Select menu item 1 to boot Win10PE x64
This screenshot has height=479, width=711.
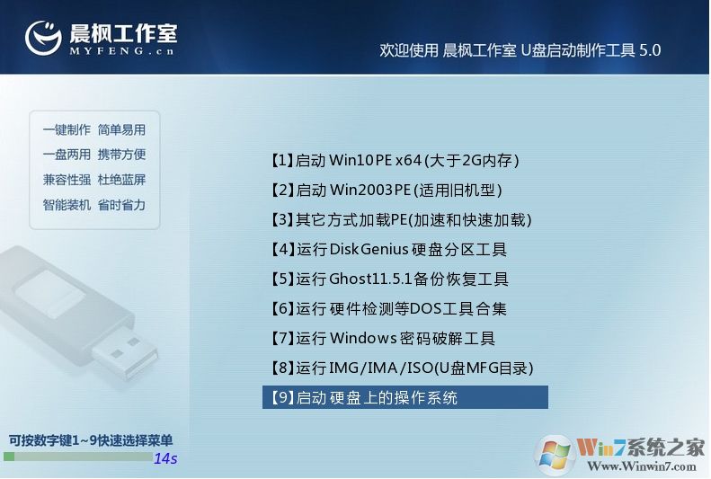coord(394,161)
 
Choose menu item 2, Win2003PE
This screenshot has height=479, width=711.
coord(385,191)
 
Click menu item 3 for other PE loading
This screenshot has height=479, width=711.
coord(401,220)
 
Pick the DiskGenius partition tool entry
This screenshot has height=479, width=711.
coord(388,250)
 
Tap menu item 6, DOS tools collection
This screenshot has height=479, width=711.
coord(388,309)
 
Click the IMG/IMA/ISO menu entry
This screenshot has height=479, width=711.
coord(401,368)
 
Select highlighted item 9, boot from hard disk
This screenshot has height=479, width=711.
coord(404,397)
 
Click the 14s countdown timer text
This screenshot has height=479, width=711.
coord(165,458)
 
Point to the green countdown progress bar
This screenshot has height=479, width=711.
coord(77,457)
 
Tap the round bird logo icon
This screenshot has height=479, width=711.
coord(43,36)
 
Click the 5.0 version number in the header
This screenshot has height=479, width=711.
coord(649,51)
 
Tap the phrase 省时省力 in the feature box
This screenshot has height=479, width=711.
coord(121,205)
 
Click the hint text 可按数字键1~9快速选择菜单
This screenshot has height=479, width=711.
coord(90,440)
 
